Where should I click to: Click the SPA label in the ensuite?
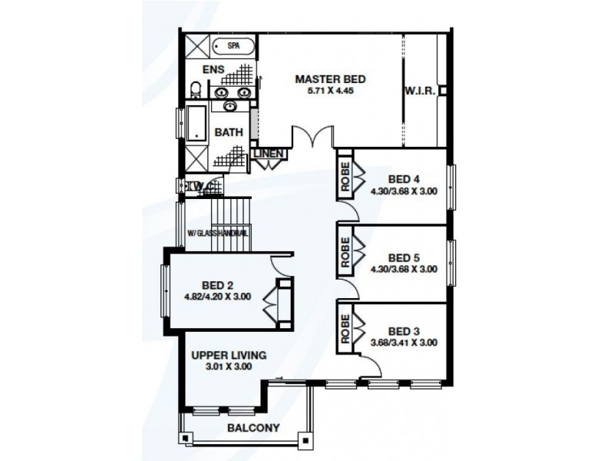point(233,46)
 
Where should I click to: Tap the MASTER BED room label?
point(330,78)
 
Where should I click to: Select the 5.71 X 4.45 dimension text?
point(330,90)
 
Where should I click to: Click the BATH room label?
point(228,132)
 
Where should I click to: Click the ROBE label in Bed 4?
point(345,178)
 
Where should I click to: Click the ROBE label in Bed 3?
point(345,329)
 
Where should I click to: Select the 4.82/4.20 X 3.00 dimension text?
point(217,297)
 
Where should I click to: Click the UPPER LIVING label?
point(229,355)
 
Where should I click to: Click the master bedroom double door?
point(312,139)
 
